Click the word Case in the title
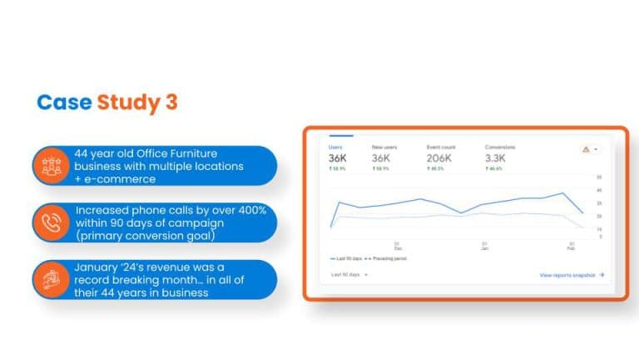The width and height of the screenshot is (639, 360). [65, 102]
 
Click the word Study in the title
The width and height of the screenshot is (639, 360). [125, 102]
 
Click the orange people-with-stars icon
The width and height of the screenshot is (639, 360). [52, 166]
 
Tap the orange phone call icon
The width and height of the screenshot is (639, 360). [52, 222]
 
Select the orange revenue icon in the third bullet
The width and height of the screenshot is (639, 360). [52, 279]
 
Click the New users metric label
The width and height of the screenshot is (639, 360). [384, 147]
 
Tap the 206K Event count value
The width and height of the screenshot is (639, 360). [440, 159]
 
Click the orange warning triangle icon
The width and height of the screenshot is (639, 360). [586, 149]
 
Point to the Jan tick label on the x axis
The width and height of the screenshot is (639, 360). [483, 247]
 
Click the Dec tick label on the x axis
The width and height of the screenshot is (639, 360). [397, 247]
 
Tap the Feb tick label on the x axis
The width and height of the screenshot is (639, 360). [572, 247]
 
